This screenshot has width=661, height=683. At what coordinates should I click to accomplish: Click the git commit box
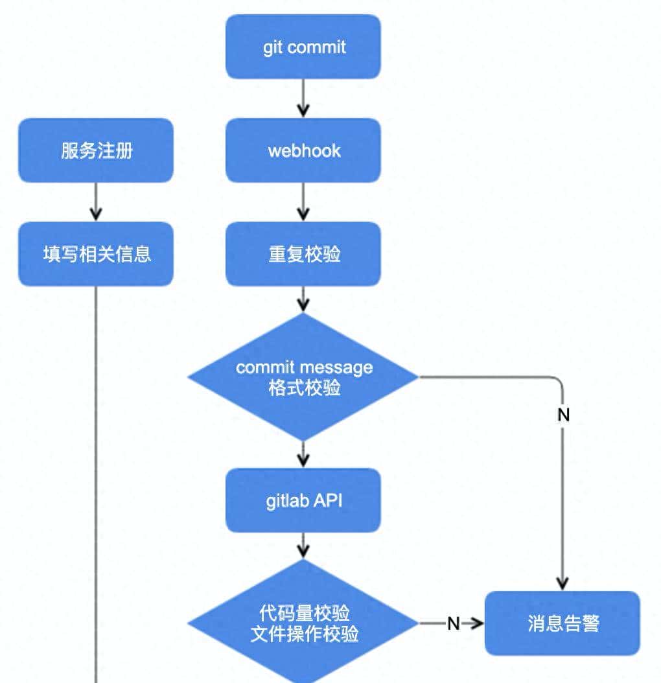point(303,47)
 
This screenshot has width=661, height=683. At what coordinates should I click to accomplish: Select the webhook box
point(303,151)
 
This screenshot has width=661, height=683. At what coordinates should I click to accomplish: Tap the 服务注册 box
point(96,151)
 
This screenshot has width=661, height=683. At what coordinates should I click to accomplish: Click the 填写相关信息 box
point(96,254)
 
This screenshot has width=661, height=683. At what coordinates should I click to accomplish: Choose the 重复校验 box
point(303,254)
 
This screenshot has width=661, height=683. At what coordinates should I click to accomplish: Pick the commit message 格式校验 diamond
point(303,377)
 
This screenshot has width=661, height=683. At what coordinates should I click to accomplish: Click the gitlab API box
point(303,501)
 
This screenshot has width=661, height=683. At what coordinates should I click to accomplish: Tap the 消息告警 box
point(562,623)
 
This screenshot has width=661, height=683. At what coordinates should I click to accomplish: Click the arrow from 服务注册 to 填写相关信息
point(96,202)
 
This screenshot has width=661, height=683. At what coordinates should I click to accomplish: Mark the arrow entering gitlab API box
point(303,456)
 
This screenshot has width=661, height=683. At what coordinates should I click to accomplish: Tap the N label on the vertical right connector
point(563,415)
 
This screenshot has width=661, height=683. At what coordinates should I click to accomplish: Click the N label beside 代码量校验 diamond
point(454,623)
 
